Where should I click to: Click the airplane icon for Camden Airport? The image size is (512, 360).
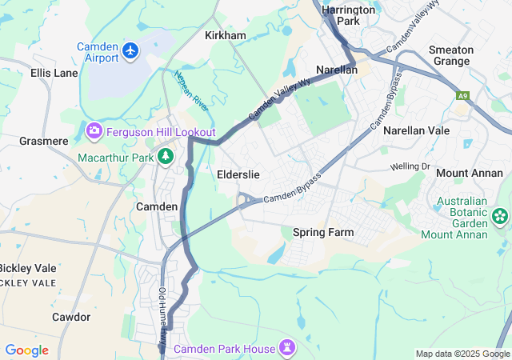[x=131, y=52]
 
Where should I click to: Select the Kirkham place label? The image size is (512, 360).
[x=226, y=36]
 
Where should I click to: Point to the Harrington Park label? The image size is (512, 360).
[x=349, y=15]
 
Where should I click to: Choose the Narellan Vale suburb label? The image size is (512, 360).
[x=416, y=130]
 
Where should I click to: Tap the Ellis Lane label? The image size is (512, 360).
[x=54, y=73]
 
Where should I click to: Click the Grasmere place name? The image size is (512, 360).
[x=44, y=141]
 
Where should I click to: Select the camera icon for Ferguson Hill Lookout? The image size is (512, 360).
[x=94, y=130]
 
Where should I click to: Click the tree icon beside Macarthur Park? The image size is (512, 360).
[x=166, y=157]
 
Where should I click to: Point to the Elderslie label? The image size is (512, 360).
[x=238, y=174]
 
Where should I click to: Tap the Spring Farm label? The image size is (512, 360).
[x=323, y=232]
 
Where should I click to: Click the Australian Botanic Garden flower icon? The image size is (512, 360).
[x=501, y=214]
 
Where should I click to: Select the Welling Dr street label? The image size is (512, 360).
[x=410, y=166]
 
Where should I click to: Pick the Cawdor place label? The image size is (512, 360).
[x=71, y=317]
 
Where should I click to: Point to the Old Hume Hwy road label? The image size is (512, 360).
[x=163, y=313]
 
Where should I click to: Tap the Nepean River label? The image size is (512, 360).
[x=190, y=90]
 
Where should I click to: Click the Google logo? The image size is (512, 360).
[x=26, y=350]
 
